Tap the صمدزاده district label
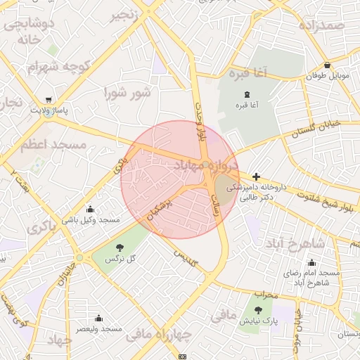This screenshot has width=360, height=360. click(321, 26)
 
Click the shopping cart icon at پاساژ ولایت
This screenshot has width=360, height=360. click(49, 100)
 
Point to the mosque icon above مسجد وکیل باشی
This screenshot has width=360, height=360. click(90, 209)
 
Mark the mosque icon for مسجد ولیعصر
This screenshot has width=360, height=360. click(98, 318)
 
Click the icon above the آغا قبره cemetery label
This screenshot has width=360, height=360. click(246, 95)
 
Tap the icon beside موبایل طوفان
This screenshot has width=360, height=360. click(309, 76)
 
